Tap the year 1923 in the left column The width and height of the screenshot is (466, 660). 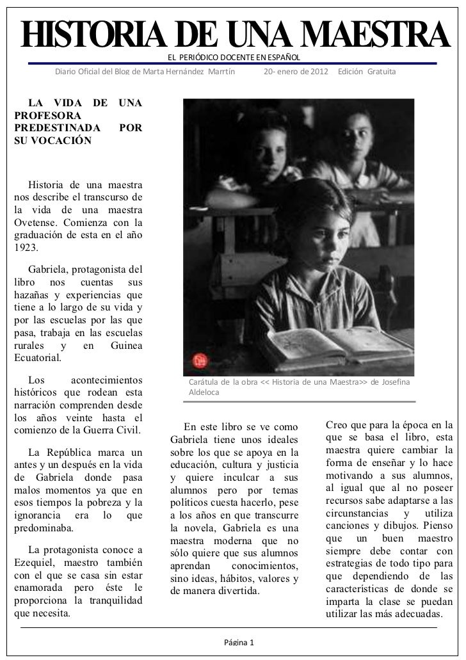[x=26, y=247]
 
